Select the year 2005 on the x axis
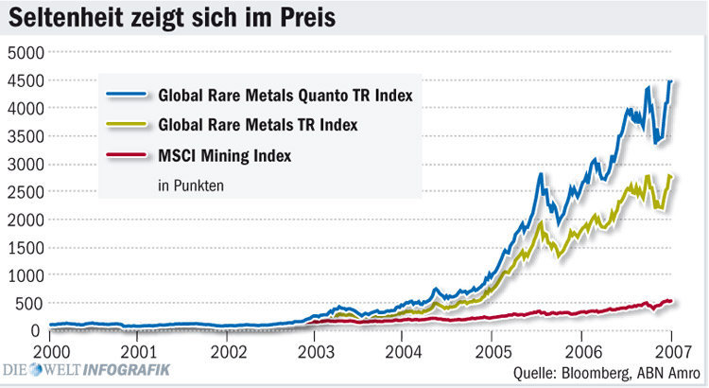pos(490,349)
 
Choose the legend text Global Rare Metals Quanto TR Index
pos(285,96)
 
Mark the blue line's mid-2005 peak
pos(540,174)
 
